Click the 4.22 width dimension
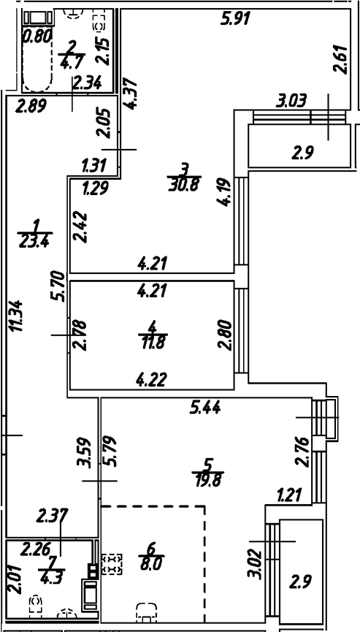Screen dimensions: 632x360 click(151, 380)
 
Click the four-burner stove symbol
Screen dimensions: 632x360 click(112, 563)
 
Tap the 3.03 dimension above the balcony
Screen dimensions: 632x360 click(290, 99)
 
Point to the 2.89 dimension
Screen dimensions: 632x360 click(29, 104)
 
